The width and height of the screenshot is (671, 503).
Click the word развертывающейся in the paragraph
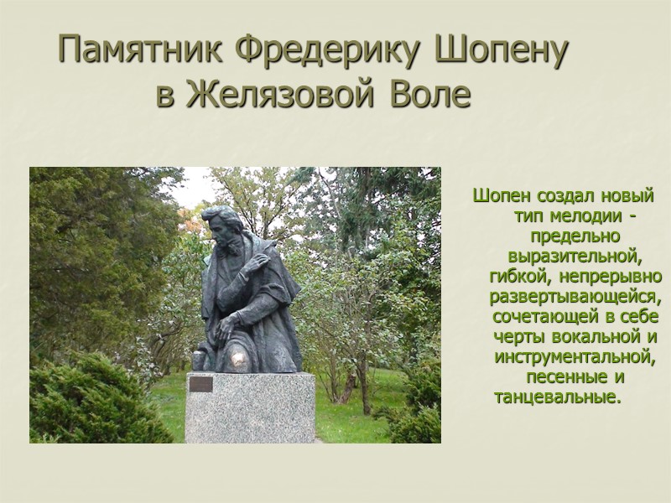pos(576,298)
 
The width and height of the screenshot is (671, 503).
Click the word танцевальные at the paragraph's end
pos(558,396)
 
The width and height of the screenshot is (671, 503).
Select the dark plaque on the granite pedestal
pos(201,385)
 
